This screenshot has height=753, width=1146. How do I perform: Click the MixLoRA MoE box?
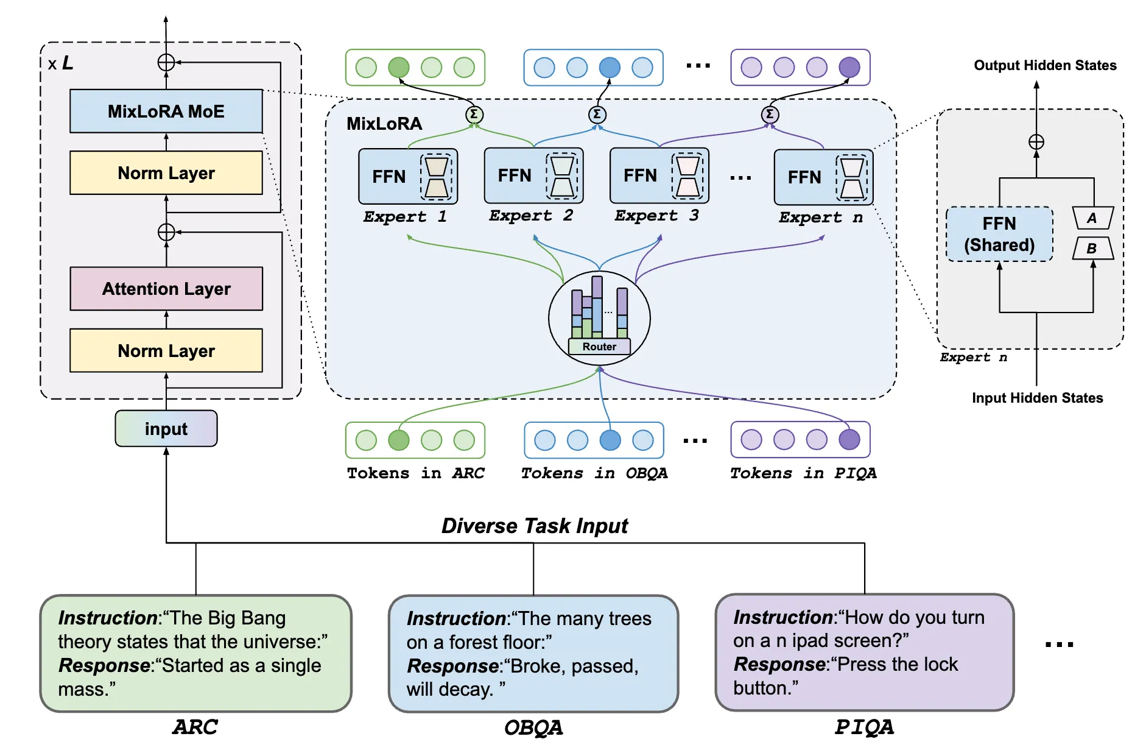tap(166, 111)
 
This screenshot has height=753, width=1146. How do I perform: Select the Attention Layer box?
tap(166, 288)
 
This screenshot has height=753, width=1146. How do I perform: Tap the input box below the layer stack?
tap(166, 428)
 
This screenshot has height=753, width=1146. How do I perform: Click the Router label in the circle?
tap(599, 347)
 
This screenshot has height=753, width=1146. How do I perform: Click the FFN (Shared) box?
tap(999, 234)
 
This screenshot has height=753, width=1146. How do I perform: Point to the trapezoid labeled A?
tap(1092, 218)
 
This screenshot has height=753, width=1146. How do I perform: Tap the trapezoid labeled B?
tap(1092, 248)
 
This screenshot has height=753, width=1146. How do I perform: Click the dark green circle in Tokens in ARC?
tap(399, 440)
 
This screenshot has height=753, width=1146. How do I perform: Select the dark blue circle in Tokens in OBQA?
tap(610, 440)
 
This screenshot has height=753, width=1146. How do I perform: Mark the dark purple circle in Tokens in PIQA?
tap(849, 439)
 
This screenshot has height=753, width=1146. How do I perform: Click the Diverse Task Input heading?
tap(534, 525)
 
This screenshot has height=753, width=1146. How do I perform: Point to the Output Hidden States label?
tap(1045, 65)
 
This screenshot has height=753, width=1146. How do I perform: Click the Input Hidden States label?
tap(1037, 398)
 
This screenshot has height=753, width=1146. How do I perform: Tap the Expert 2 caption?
tap(530, 216)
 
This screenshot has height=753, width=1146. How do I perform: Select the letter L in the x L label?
tap(67, 63)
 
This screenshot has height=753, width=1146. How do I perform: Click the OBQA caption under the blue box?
tap(533, 727)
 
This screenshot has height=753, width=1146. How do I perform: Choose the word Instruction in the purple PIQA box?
tap(782, 617)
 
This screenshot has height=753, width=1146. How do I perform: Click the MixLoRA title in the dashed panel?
tap(384, 124)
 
